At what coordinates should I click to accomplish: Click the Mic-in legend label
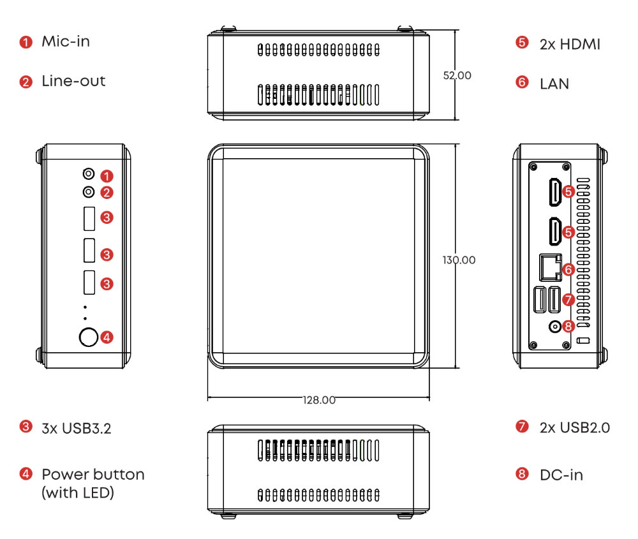point(66,42)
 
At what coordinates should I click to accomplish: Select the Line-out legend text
point(73,82)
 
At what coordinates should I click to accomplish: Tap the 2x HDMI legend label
point(570,44)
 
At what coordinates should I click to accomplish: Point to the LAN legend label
point(554,84)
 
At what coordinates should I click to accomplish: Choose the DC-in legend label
point(561,475)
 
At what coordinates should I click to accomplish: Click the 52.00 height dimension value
point(457,75)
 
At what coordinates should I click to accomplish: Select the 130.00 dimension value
point(459,260)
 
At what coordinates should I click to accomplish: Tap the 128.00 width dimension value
point(319,401)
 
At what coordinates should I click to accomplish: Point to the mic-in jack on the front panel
point(89,174)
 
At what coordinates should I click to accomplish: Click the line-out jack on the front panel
point(89,191)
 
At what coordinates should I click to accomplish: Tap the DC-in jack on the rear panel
point(556,327)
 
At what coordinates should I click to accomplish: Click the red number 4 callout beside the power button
point(107,337)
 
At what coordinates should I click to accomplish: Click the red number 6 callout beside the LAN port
point(568,270)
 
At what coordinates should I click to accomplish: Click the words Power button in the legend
point(93,475)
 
